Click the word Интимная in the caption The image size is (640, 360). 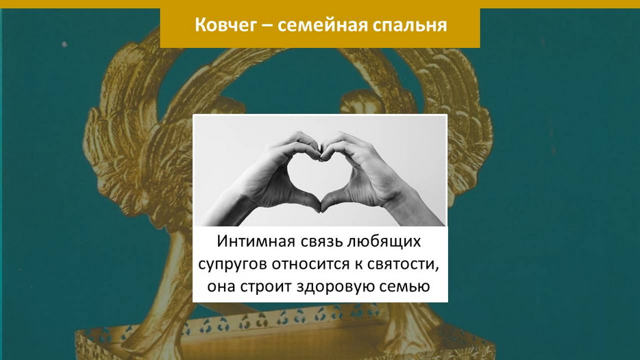pos(256,241)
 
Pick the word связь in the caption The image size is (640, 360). pos(321,242)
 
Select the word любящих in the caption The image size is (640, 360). pos(384,242)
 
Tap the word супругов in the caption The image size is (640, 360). pos(233,265)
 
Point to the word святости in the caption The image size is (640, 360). pos(403,265)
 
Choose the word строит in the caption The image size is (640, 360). pos(266,287)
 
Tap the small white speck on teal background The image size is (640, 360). pos(64,44)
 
